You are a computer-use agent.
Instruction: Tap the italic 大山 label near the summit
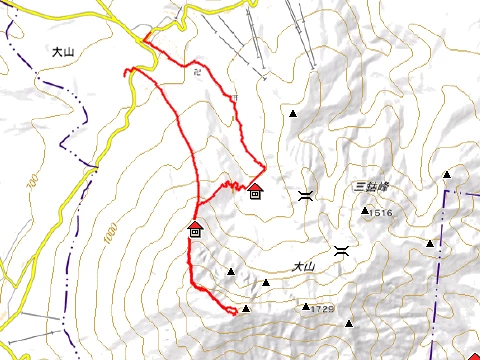click(303, 267)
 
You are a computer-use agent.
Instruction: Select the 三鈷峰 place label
click(369, 187)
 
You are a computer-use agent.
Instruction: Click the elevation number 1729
click(321, 309)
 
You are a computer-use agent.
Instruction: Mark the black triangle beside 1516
click(365, 211)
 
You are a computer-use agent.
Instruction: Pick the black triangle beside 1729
click(306, 307)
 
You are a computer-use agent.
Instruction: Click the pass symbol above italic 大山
click(342, 250)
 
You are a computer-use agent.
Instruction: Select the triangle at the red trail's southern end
click(246, 308)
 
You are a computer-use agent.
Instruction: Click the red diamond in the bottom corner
click(473, 355)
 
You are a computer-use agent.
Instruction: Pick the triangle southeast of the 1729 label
click(349, 323)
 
